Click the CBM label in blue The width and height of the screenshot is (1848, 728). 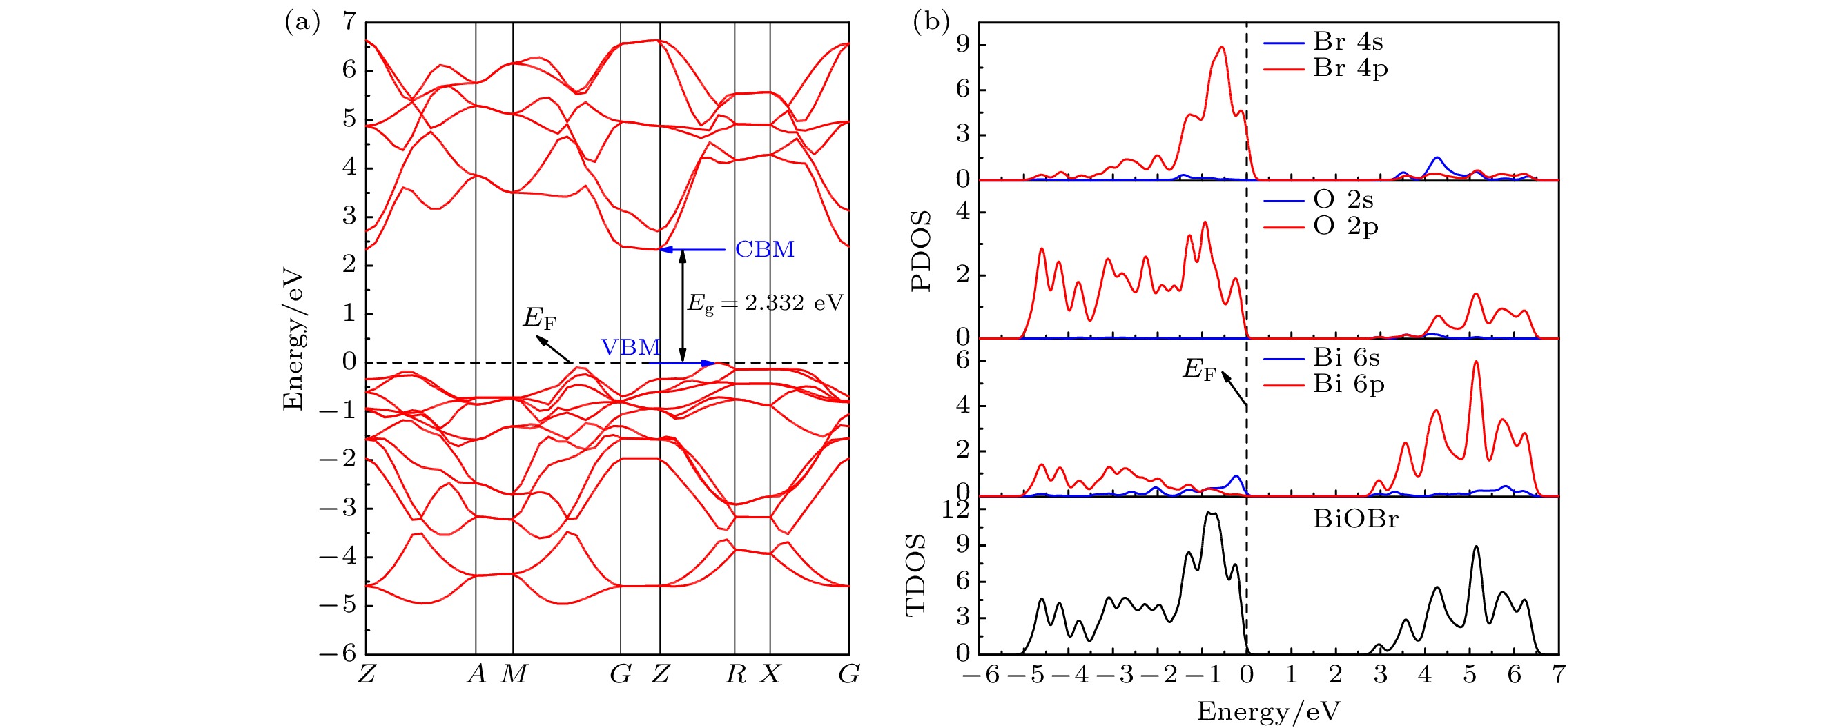pyautogui.click(x=764, y=250)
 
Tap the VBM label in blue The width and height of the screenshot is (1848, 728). pyautogui.click(x=630, y=348)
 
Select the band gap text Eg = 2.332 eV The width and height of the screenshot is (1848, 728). pyautogui.click(x=766, y=304)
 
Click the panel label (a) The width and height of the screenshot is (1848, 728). pyautogui.click(x=302, y=23)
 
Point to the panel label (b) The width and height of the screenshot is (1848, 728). pyautogui.click(x=931, y=23)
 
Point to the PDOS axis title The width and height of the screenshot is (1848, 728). pyautogui.click(x=920, y=251)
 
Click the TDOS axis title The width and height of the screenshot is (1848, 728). pyautogui.click(x=917, y=575)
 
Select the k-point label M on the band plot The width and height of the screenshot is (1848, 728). pyautogui.click(x=514, y=674)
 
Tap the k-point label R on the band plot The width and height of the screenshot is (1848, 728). pyautogui.click(x=735, y=674)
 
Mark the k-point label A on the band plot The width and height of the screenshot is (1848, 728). pyautogui.click(x=476, y=674)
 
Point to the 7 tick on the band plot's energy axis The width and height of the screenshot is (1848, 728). pyautogui.click(x=349, y=21)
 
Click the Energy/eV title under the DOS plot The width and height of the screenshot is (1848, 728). pyautogui.click(x=1267, y=711)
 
